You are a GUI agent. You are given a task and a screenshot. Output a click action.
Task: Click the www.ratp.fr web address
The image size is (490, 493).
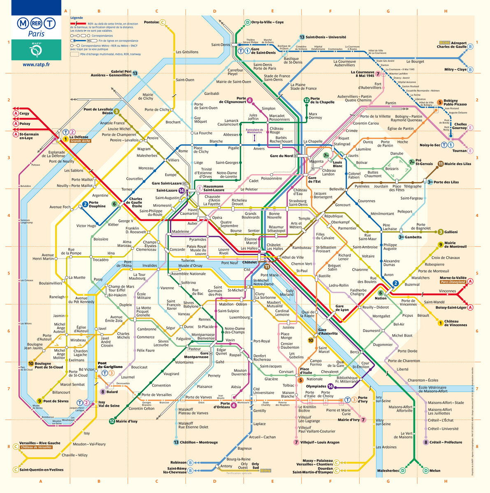coord(36,65)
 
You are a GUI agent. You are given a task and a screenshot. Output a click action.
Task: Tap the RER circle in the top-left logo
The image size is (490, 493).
coord(36,23)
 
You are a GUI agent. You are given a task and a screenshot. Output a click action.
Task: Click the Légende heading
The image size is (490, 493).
coord(77,18)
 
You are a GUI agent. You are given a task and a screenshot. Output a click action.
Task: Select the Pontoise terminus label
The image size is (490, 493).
coord(151,22)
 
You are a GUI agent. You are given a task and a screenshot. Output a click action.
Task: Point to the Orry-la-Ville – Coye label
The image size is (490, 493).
coord(267,22)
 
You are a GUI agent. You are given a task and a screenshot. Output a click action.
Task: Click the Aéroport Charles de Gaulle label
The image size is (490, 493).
coord(453,45)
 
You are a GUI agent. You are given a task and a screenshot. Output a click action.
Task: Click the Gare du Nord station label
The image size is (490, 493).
coord(281,156)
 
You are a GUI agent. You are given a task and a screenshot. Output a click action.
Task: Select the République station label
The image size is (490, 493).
coord(333,216)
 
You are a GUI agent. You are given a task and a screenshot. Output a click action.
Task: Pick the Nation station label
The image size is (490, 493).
coord(381,298)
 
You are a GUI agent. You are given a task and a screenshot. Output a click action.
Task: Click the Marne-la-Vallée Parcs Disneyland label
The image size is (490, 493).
coord(453,280)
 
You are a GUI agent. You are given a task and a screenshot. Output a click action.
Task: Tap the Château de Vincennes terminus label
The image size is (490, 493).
coord(455,323)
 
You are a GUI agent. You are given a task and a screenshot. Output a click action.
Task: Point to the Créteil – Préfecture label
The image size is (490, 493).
coord(446,442)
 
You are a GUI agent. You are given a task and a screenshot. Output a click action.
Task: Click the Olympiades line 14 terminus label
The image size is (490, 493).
coord(316,386)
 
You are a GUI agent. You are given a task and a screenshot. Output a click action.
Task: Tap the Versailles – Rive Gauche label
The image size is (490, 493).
coord(39,443)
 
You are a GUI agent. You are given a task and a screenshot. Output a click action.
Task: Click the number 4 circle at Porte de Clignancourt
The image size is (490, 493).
coord(249,100)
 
